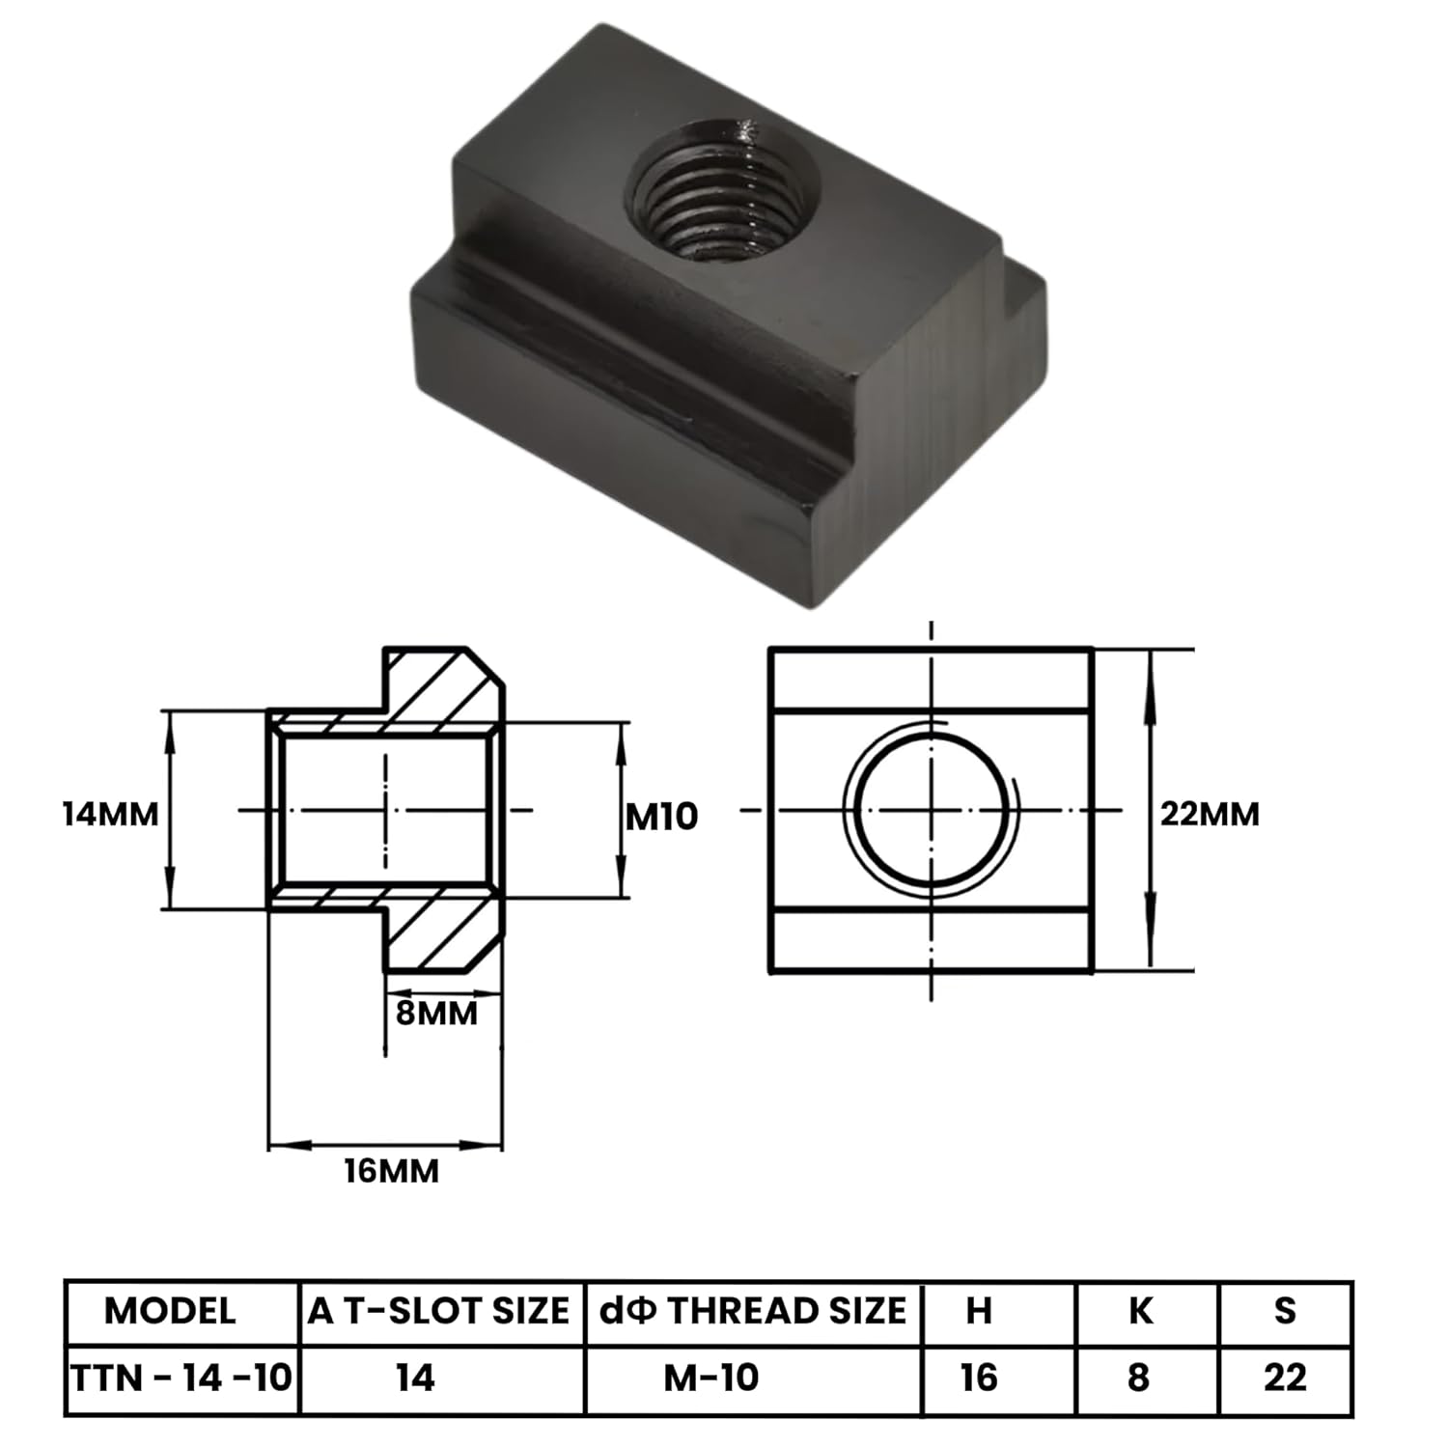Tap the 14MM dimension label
point(110,814)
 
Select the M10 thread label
point(661,817)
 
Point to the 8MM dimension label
point(436,1013)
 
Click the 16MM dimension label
point(391,1171)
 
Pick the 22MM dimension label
point(1210,814)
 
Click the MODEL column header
point(170,1311)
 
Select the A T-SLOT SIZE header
point(439,1311)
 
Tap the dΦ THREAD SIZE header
point(753,1311)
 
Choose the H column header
point(978,1311)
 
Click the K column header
point(1140,1311)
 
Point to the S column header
point(1284,1311)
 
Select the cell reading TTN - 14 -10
point(181,1378)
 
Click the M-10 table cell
point(711,1378)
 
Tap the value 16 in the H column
point(978,1378)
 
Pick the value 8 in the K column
point(1139,1378)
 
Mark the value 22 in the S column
point(1285,1378)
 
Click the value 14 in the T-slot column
point(415,1378)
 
